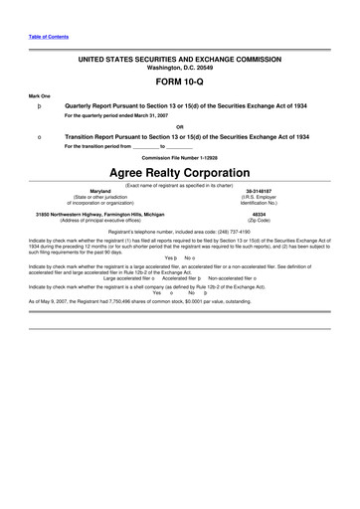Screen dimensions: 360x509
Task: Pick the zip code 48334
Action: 261,214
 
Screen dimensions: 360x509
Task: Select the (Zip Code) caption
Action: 261,221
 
